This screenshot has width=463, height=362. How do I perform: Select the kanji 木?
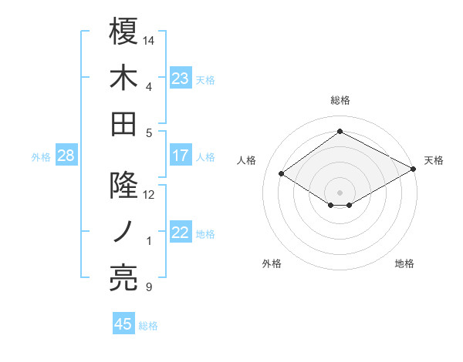(x=123, y=77)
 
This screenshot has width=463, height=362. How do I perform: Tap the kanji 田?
(x=123, y=123)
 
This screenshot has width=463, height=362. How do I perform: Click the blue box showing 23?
(x=181, y=79)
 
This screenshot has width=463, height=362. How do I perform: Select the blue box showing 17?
(x=181, y=156)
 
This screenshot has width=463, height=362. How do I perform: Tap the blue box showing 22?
(x=181, y=233)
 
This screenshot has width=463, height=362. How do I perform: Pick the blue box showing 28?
(x=66, y=156)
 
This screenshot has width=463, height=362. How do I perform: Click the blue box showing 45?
(x=123, y=324)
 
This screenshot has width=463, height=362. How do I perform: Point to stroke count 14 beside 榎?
(x=150, y=39)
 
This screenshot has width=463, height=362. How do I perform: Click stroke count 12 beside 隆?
(x=150, y=195)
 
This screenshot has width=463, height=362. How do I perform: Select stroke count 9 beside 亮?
(x=148, y=288)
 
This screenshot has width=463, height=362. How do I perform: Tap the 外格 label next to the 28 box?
(x=41, y=157)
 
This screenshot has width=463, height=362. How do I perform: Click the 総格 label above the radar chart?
(x=340, y=100)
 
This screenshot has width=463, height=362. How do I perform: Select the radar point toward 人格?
(x=282, y=174)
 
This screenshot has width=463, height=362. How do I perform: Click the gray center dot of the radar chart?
(x=340, y=191)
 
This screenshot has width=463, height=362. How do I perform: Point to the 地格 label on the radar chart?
(x=404, y=263)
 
